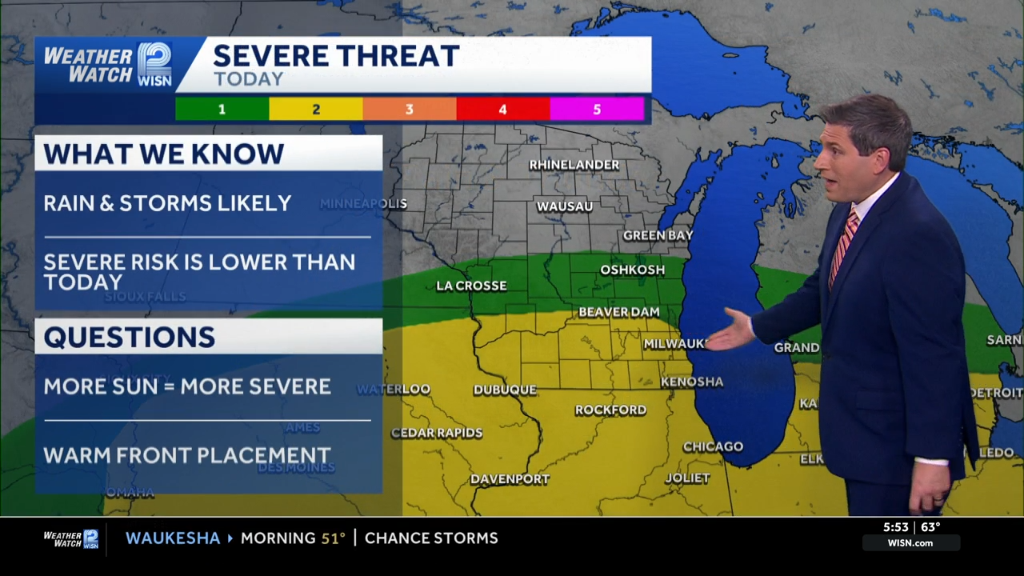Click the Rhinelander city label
pyautogui.click(x=574, y=165)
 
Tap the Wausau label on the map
pyautogui.click(x=564, y=206)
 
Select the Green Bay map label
pyautogui.click(x=658, y=235)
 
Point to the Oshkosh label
pyautogui.click(x=632, y=270)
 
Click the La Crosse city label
pyautogui.click(x=471, y=286)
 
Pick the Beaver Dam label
pyautogui.click(x=618, y=312)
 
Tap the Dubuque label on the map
pyautogui.click(x=505, y=390)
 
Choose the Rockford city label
pyautogui.click(x=610, y=410)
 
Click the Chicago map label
pyautogui.click(x=713, y=446)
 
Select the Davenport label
pyautogui.click(x=510, y=479)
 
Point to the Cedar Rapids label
pyautogui.click(x=437, y=433)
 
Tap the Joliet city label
pyautogui.click(x=687, y=478)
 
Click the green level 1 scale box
pyautogui.click(x=222, y=109)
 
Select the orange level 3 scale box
pyautogui.click(x=410, y=109)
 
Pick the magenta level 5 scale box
pyautogui.click(x=597, y=109)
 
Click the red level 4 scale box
pyautogui.click(x=503, y=109)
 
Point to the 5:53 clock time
pyautogui.click(x=896, y=527)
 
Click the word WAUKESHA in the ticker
pyautogui.click(x=173, y=538)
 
